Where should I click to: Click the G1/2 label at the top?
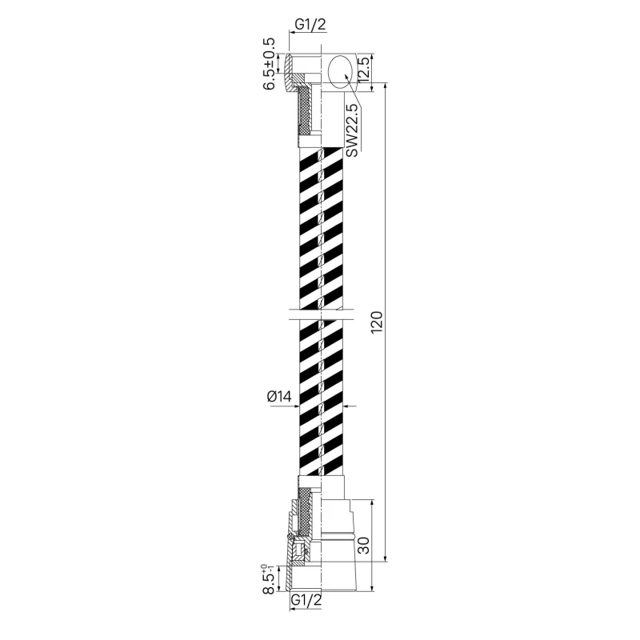[x=310, y=25]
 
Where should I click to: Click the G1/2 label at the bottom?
[x=306, y=599]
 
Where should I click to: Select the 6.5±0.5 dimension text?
[x=270, y=64]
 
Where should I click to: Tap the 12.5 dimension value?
[x=364, y=69]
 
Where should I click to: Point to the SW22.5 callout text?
[x=351, y=130]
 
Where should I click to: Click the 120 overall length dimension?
[x=377, y=322]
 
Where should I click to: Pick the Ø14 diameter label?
[x=279, y=396]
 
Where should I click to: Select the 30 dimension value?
[x=363, y=545]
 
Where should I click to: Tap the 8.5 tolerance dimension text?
[x=269, y=578]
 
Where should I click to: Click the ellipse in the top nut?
[x=341, y=71]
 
